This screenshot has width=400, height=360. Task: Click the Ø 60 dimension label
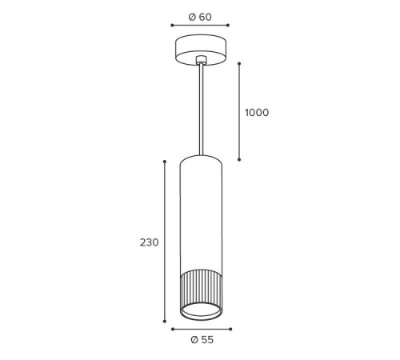[x=200, y=17]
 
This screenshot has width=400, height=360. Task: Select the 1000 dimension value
[x=257, y=113]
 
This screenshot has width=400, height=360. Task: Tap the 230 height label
[x=150, y=242]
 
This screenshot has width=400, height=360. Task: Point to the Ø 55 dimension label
[x=202, y=340]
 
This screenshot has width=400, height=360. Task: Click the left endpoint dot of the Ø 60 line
[x=172, y=26]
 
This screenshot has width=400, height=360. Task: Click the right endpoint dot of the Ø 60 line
[x=228, y=26]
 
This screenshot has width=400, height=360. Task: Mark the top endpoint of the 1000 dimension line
[x=239, y=64]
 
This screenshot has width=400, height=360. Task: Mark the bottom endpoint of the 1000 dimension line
[x=239, y=159]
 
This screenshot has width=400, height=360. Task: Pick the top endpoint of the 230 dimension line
[x=165, y=162]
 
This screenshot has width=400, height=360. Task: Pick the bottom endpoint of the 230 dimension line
[x=165, y=322]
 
